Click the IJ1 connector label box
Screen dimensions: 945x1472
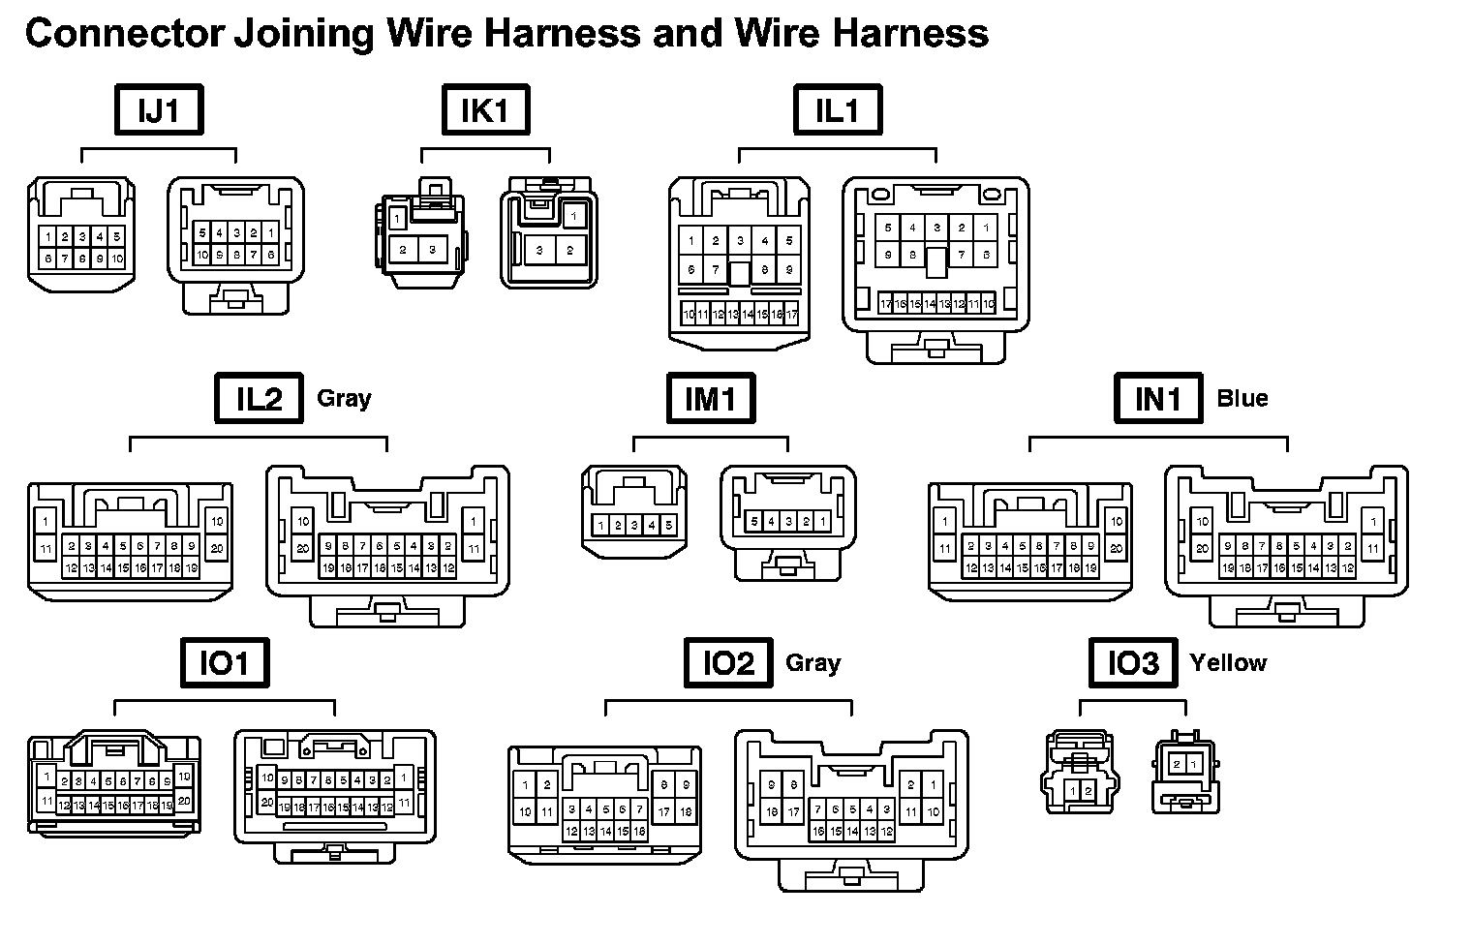pos(159,109)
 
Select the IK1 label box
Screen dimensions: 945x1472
pos(485,109)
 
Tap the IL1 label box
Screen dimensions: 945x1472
pos(837,109)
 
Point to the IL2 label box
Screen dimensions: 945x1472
pos(259,398)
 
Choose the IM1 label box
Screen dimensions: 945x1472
pos(711,398)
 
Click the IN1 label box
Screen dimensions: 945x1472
pos(1157,398)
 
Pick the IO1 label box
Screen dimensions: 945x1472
pos(224,663)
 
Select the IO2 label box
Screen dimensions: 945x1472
pos(728,663)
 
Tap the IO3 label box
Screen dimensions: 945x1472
pos(1133,663)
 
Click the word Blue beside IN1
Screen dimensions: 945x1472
pos(1242,398)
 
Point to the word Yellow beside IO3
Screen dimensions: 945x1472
pos(1228,663)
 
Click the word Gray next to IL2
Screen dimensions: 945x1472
pos(344,398)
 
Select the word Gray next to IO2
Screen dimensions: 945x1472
pos(813,663)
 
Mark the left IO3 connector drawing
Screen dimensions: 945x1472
pos(1079,772)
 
